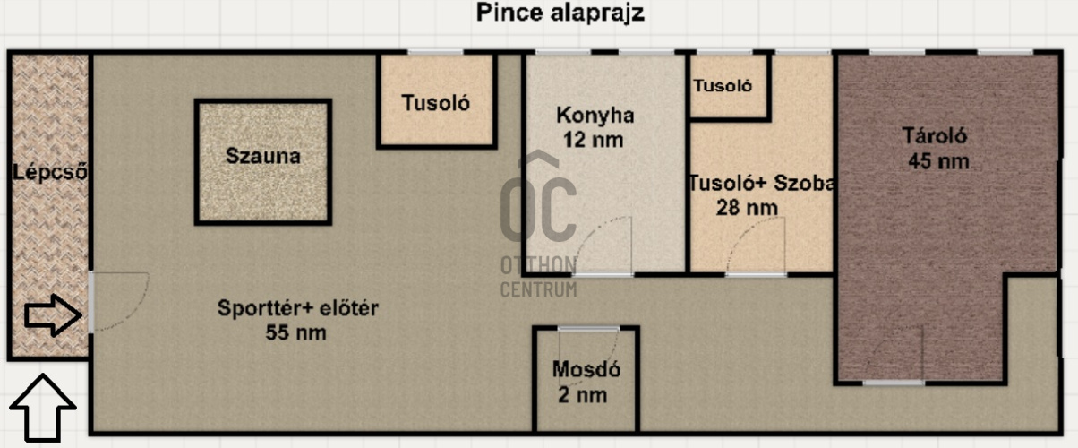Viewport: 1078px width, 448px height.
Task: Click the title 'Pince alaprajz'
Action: click(560, 13)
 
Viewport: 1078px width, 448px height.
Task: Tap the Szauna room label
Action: click(262, 155)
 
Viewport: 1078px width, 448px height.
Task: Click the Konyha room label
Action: click(595, 116)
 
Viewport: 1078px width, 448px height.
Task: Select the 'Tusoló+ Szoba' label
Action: click(761, 184)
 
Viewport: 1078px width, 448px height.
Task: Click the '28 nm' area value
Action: click(747, 209)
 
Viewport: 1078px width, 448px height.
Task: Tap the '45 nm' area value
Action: click(938, 162)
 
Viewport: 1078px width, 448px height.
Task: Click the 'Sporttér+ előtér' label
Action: click(298, 309)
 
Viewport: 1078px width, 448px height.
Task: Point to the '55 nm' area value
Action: click(295, 333)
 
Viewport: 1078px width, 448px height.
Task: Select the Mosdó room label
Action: click(586, 369)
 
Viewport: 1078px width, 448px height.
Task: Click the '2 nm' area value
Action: click(586, 394)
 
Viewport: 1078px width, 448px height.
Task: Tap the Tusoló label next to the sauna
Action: click(435, 102)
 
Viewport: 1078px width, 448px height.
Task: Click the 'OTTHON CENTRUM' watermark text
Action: click(538, 277)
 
